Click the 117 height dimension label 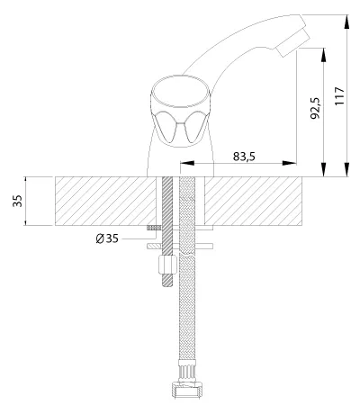[339, 96]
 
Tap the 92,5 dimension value [315, 108]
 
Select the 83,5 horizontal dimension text [244, 157]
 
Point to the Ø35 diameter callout [107, 238]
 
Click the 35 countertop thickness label [17, 201]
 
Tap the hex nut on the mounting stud [167, 265]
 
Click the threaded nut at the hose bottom [186, 390]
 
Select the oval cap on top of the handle [180, 92]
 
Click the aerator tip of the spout [293, 42]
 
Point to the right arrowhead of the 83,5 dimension [290, 163]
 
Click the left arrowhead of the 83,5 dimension [187, 163]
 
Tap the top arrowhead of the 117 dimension [346, 22]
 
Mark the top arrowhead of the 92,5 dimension [324, 55]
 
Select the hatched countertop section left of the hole [105, 201]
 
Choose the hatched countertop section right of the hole [253, 201]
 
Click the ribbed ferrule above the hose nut [186, 370]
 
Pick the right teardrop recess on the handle [195, 126]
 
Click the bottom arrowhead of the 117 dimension [346, 169]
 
